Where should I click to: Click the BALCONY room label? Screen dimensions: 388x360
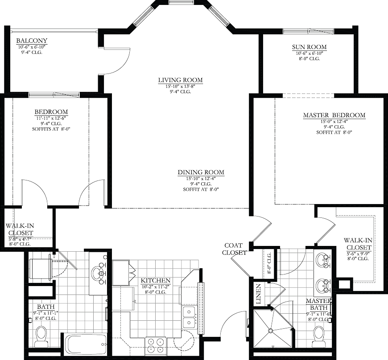coord(32,41)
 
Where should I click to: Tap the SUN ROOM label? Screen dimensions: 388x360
coord(310,47)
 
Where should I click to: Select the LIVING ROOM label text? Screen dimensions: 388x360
coord(180,80)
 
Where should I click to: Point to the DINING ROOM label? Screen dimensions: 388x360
coord(201,172)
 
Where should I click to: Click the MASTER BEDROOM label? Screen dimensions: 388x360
coord(334,115)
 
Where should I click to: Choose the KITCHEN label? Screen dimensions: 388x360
coord(156,281)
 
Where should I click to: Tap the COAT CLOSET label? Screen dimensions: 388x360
coord(234,249)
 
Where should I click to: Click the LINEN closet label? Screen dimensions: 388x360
coord(258,294)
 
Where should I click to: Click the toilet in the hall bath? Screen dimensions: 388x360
coord(41,337)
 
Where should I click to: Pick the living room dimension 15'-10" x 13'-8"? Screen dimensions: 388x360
coord(180,86)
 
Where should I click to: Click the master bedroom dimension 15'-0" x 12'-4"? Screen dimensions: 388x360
coord(334,121)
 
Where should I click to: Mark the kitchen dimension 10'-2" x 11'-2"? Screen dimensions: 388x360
coord(156,287)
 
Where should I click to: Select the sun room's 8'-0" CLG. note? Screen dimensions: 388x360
coord(310,59)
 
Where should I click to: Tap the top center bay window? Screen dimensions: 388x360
coord(182,2)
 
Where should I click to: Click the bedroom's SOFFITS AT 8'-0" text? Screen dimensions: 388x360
coord(51,129)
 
